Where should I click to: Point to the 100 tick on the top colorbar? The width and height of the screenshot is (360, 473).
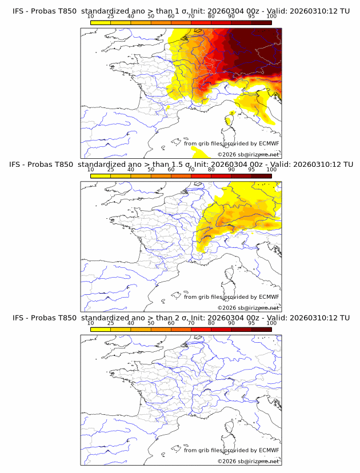click(271, 17)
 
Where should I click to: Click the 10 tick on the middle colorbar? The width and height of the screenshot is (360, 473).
click(90, 170)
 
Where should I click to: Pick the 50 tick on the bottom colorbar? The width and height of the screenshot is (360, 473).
click(151, 323)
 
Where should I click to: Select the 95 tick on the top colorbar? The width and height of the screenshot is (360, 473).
click(251, 17)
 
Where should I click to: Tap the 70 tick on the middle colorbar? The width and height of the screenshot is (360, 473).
click(191, 170)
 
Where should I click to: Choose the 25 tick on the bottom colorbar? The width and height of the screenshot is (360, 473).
click(110, 323)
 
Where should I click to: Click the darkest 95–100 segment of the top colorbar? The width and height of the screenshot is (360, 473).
click(261, 22)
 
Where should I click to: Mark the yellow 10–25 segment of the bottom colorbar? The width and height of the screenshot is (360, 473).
click(101, 329)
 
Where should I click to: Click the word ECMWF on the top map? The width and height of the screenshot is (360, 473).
click(269, 144)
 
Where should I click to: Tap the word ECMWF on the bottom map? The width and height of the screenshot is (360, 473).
click(269, 450)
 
